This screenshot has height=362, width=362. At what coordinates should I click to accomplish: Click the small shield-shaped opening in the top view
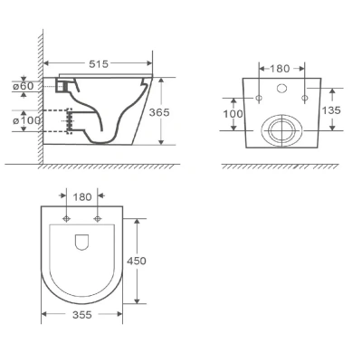(x=81, y=242)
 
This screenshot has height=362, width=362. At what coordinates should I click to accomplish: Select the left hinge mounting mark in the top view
(x=67, y=220)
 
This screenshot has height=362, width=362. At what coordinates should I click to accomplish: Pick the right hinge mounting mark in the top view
(x=96, y=220)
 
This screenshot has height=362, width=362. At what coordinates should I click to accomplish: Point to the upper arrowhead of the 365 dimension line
(x=161, y=81)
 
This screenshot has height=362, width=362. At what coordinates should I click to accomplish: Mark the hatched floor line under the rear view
(x=281, y=167)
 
